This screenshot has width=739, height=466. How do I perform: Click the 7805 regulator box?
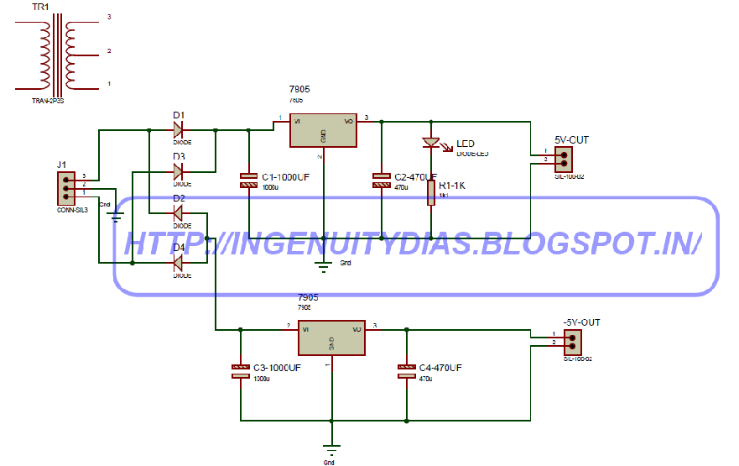coord(323,131)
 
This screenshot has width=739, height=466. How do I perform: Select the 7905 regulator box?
coord(331,338)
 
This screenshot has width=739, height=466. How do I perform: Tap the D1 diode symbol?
coord(179,130)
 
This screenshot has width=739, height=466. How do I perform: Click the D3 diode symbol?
coord(179,171)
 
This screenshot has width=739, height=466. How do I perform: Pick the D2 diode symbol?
coord(178,213)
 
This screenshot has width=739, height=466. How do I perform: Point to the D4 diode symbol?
coord(178,264)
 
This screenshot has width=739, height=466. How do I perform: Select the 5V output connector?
coord(563,157)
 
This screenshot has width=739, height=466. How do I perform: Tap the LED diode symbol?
coord(431,144)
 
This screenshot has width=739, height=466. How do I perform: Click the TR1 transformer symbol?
coord(55,59)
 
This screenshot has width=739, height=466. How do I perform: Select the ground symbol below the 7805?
coord(323,267)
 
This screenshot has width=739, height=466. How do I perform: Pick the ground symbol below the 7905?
coord(331,448)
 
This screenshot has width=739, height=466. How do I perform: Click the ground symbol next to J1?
coord(117,217)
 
